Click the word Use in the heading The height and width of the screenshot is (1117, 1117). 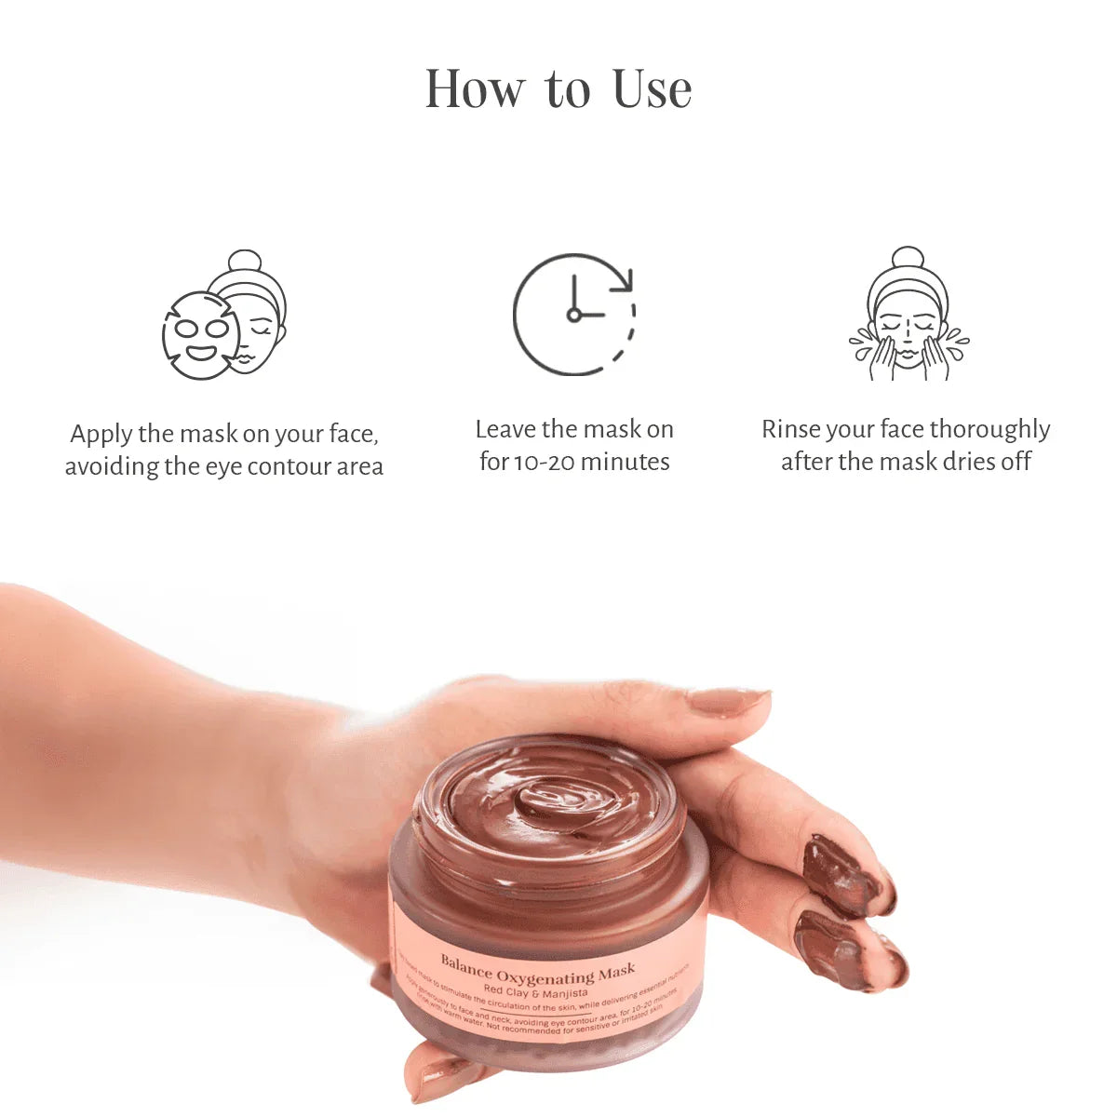tap(653, 89)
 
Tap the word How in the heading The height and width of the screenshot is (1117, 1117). tap(475, 89)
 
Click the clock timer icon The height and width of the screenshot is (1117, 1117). tap(573, 315)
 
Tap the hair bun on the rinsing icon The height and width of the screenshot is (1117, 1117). tap(908, 257)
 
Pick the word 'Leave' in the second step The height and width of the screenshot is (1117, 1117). tap(505, 429)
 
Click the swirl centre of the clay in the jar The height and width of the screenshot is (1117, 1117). tap(549, 801)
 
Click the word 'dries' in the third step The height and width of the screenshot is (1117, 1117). tap(965, 462)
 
